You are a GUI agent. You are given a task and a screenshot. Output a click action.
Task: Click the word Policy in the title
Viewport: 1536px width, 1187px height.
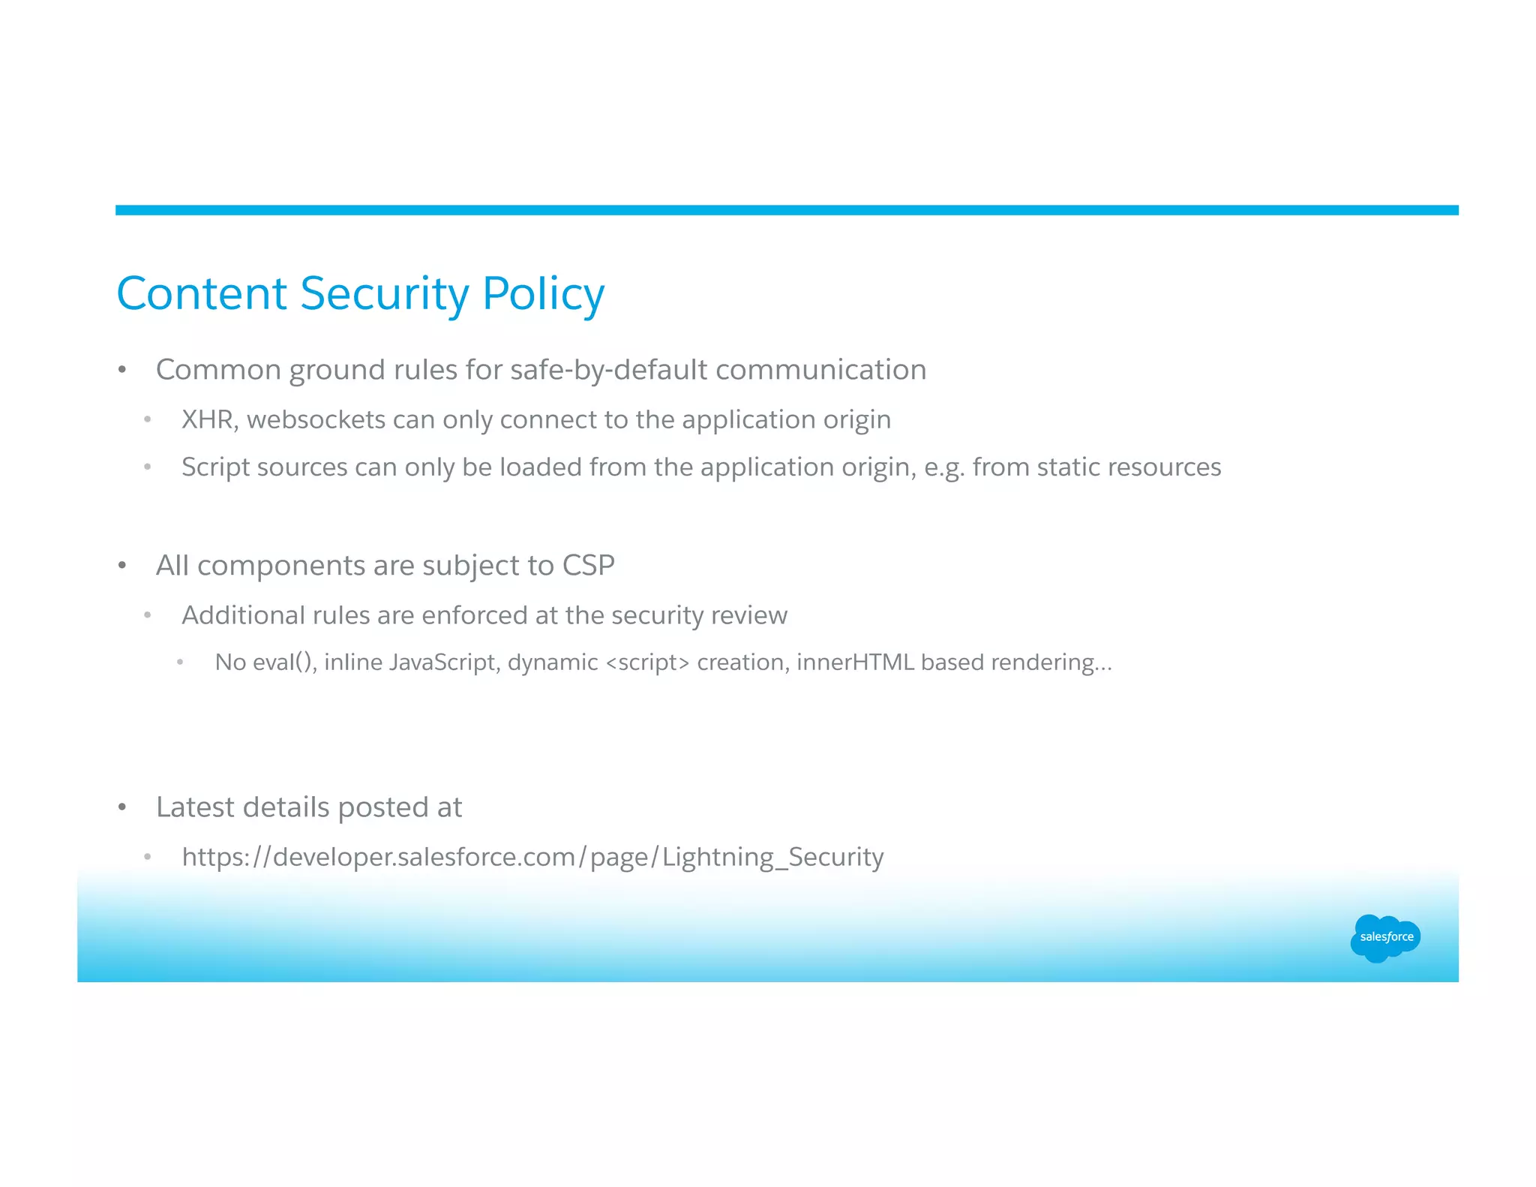[x=543, y=293]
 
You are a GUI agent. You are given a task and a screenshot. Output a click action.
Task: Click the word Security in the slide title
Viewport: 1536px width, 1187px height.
[x=384, y=293]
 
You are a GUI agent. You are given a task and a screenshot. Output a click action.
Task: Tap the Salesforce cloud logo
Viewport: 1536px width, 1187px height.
[x=1385, y=937]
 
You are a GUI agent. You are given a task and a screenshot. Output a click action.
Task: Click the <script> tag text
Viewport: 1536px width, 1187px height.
[x=646, y=663]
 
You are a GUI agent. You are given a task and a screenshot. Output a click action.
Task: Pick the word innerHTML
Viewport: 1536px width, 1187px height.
[x=855, y=663]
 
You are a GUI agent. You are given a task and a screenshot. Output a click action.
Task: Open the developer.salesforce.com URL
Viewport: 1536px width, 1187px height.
[x=532, y=857]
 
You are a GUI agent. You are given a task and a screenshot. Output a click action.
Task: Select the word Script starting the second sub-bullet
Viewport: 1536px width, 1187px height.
[x=215, y=467]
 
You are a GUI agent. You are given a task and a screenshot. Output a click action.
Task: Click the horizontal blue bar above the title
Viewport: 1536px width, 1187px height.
[x=786, y=210]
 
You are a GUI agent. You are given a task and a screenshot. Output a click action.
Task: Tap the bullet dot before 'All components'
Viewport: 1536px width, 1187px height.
[x=122, y=566]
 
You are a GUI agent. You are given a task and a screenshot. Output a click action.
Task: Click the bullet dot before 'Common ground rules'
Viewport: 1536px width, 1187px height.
[x=122, y=371]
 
